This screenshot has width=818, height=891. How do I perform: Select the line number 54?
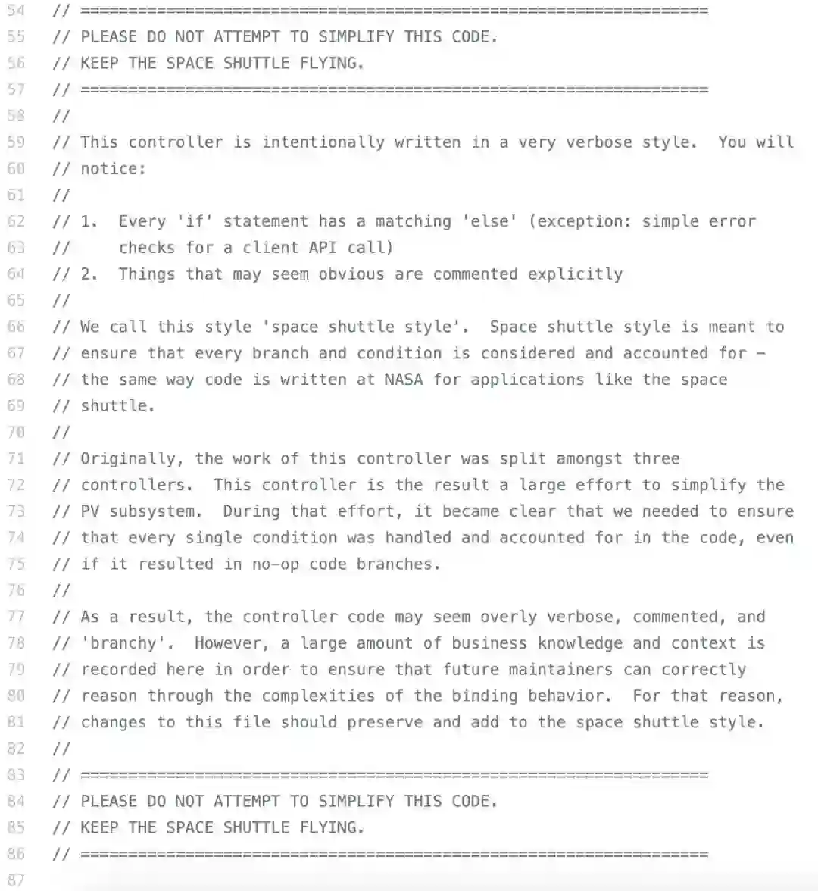(16, 11)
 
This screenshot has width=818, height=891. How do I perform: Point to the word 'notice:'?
(113, 168)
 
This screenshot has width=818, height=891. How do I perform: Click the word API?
(323, 247)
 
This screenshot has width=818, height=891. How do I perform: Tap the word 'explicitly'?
(576, 274)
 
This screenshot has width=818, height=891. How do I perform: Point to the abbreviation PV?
(90, 511)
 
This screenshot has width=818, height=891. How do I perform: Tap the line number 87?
(16, 880)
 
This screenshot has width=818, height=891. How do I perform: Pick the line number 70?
(16, 432)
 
